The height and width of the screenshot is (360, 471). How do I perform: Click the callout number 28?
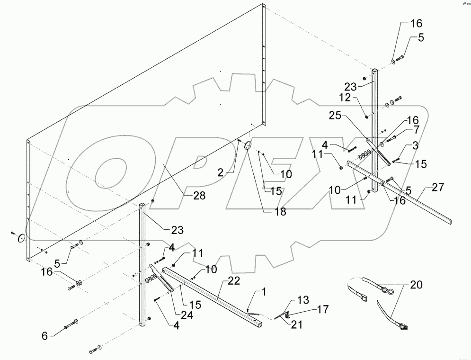tap(199, 196)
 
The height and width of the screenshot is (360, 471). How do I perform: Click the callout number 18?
tap(280, 212)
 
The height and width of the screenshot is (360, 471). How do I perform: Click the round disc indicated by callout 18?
tap(247, 145)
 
